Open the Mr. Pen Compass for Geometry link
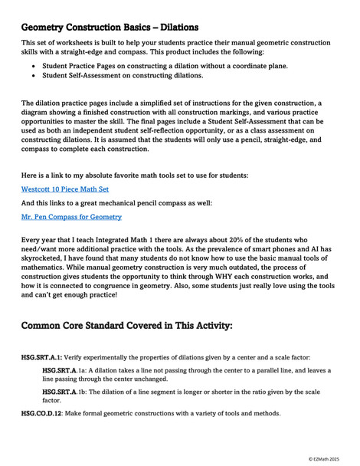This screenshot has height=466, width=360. [x=70, y=217]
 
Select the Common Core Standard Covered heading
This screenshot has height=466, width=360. [x=127, y=325]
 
